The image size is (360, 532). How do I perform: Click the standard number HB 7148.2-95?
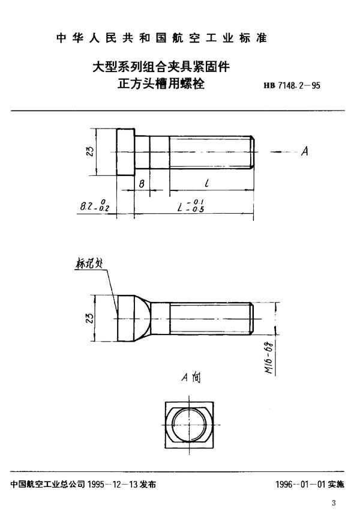(x=292, y=85)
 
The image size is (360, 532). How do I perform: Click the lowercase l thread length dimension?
(x=206, y=183)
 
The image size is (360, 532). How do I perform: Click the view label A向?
(x=190, y=378)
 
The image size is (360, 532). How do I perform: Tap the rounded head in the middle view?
(x=132, y=316)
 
